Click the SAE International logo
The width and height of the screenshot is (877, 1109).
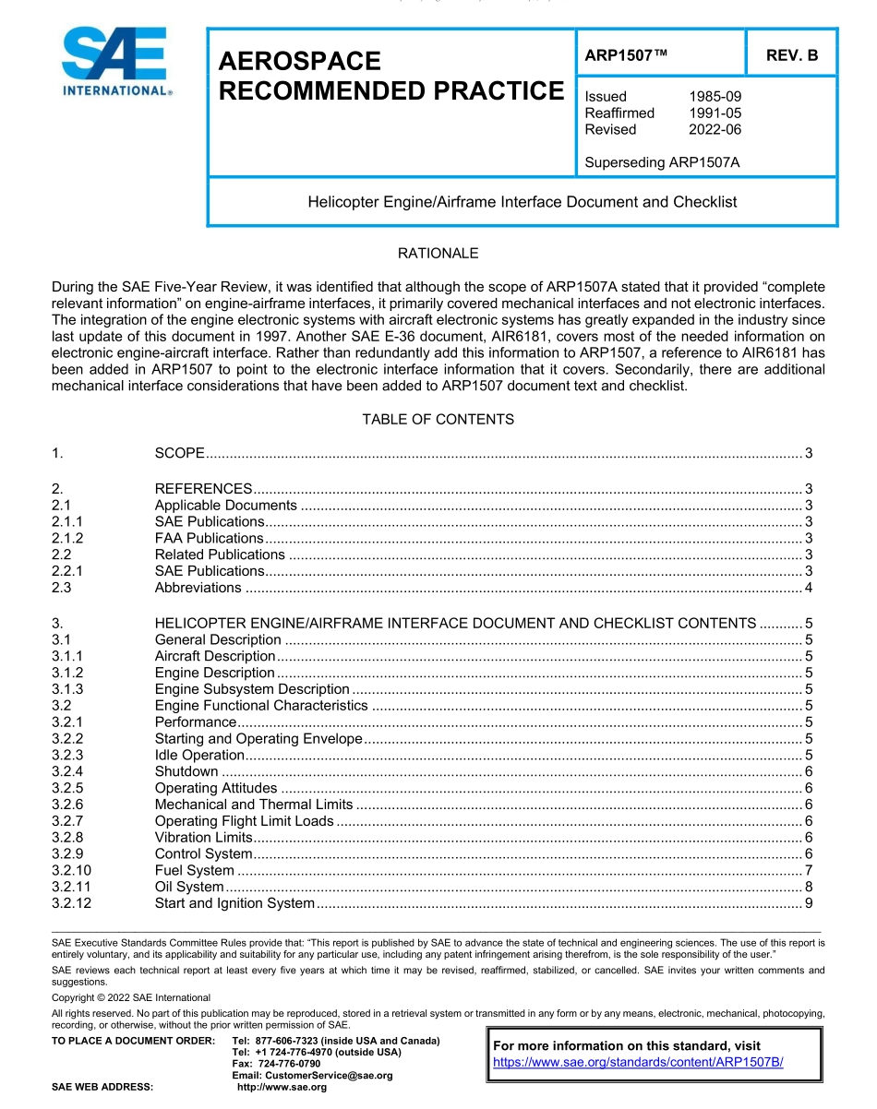pos(115,62)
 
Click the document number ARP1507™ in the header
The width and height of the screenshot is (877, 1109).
pos(626,55)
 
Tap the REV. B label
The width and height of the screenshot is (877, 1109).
pos(791,55)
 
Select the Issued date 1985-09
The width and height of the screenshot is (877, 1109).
pos(715,97)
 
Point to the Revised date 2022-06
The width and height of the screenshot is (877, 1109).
pos(715,130)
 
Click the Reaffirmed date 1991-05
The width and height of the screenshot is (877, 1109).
pos(715,113)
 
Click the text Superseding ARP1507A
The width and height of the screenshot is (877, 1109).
pos(662,163)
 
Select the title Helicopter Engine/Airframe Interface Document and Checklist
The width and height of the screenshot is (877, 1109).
pos(522,202)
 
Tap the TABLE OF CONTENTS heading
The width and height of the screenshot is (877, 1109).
pos(438,420)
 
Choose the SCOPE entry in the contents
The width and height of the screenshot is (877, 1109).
pos(179,453)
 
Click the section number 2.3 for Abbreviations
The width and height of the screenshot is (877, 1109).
pos(61,588)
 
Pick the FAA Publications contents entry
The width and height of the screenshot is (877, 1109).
pos(209,538)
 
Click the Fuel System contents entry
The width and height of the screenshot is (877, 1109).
pos(194,870)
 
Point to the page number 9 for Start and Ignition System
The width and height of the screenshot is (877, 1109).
pos(808,903)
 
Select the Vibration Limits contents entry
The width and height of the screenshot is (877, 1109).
pos(203,837)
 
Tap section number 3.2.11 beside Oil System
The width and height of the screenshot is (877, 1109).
pos(72,887)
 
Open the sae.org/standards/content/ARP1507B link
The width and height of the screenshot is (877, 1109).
pos(638,1062)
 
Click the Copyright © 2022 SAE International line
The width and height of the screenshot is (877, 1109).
pos(131,997)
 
